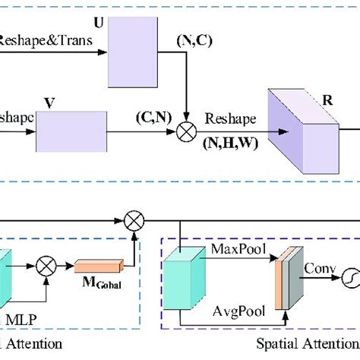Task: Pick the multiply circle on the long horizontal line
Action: (x=135, y=220)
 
